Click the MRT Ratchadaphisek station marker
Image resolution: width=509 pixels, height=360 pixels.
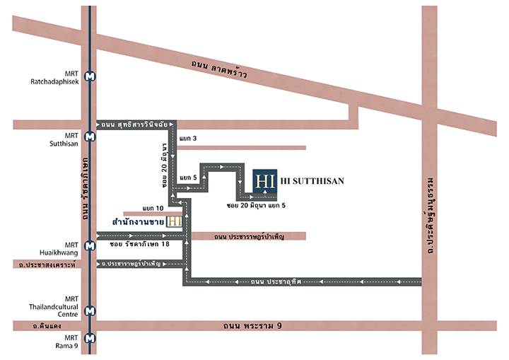(x=90, y=76)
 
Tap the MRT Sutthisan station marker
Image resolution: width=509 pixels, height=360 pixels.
(x=90, y=137)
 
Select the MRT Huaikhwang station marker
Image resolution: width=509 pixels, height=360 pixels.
(x=90, y=245)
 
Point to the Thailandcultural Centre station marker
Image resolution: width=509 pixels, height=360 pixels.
(x=90, y=311)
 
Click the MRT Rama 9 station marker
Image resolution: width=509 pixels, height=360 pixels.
(x=90, y=338)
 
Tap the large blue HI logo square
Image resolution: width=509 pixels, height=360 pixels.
(x=265, y=181)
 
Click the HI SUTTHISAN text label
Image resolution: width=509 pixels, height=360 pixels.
(x=312, y=181)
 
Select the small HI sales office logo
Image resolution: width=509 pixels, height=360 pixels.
(x=175, y=221)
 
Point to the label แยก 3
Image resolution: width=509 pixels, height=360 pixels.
(x=188, y=139)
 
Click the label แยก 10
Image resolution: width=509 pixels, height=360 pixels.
(x=153, y=208)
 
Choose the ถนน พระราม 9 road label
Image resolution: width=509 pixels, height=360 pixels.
(x=252, y=325)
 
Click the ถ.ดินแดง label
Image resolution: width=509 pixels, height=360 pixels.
(x=47, y=325)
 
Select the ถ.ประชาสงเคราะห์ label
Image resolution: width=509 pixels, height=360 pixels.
(x=47, y=265)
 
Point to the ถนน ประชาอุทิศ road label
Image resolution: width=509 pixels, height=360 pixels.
(x=276, y=281)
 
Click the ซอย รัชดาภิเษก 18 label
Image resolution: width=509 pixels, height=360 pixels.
(x=139, y=244)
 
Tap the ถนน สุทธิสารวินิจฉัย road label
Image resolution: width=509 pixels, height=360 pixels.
(x=134, y=124)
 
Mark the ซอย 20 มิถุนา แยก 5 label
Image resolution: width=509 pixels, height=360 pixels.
(x=256, y=205)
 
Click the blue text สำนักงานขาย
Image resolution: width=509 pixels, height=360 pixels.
(x=138, y=221)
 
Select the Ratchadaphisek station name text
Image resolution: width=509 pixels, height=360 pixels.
(x=54, y=81)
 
